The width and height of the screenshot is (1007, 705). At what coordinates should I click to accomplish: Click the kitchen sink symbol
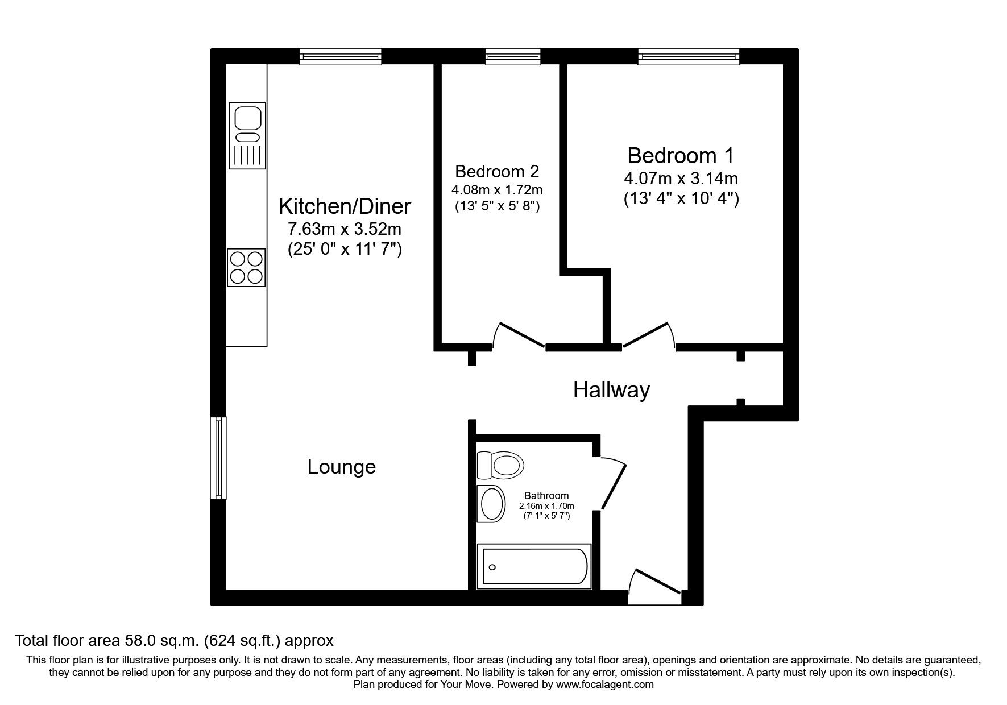tap(247, 135)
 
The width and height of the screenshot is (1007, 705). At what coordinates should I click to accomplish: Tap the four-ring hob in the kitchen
tap(247, 268)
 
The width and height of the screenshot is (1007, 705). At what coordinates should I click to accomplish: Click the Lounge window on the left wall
tap(218, 458)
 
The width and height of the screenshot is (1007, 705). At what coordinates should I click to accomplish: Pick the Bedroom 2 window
tap(512, 56)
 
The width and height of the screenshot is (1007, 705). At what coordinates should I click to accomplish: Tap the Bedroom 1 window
tap(689, 56)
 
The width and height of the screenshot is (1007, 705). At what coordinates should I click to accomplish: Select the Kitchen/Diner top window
tap(341, 56)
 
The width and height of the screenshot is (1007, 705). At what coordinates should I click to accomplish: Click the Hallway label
tap(611, 390)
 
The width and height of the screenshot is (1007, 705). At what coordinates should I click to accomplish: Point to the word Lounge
tap(342, 467)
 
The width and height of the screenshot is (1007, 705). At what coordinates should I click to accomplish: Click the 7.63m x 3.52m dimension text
tap(345, 229)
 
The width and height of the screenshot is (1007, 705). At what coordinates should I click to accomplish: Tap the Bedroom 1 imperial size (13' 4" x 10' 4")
tap(681, 199)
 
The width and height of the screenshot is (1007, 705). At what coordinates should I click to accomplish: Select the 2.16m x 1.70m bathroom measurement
tap(546, 506)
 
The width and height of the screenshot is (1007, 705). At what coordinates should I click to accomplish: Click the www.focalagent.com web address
tap(604, 685)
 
